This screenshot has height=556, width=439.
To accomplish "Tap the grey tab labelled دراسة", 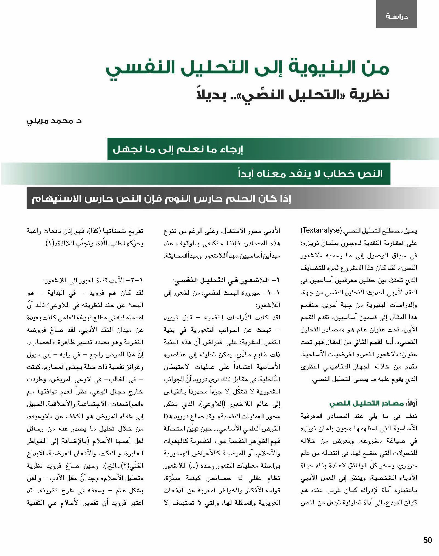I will [x=396, y=16].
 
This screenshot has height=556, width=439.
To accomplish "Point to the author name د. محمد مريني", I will [x=54, y=121].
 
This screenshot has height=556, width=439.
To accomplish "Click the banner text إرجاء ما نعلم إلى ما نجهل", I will [x=178, y=150].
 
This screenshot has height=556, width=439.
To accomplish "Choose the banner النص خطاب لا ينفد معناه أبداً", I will [x=310, y=174].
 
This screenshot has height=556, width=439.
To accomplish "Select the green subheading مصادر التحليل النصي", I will [x=366, y=403].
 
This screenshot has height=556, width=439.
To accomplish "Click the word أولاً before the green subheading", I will [x=411, y=403].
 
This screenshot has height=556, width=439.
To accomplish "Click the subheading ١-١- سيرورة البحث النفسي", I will [x=222, y=293].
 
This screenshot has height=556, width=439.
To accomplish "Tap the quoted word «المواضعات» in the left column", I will [x=127, y=404].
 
